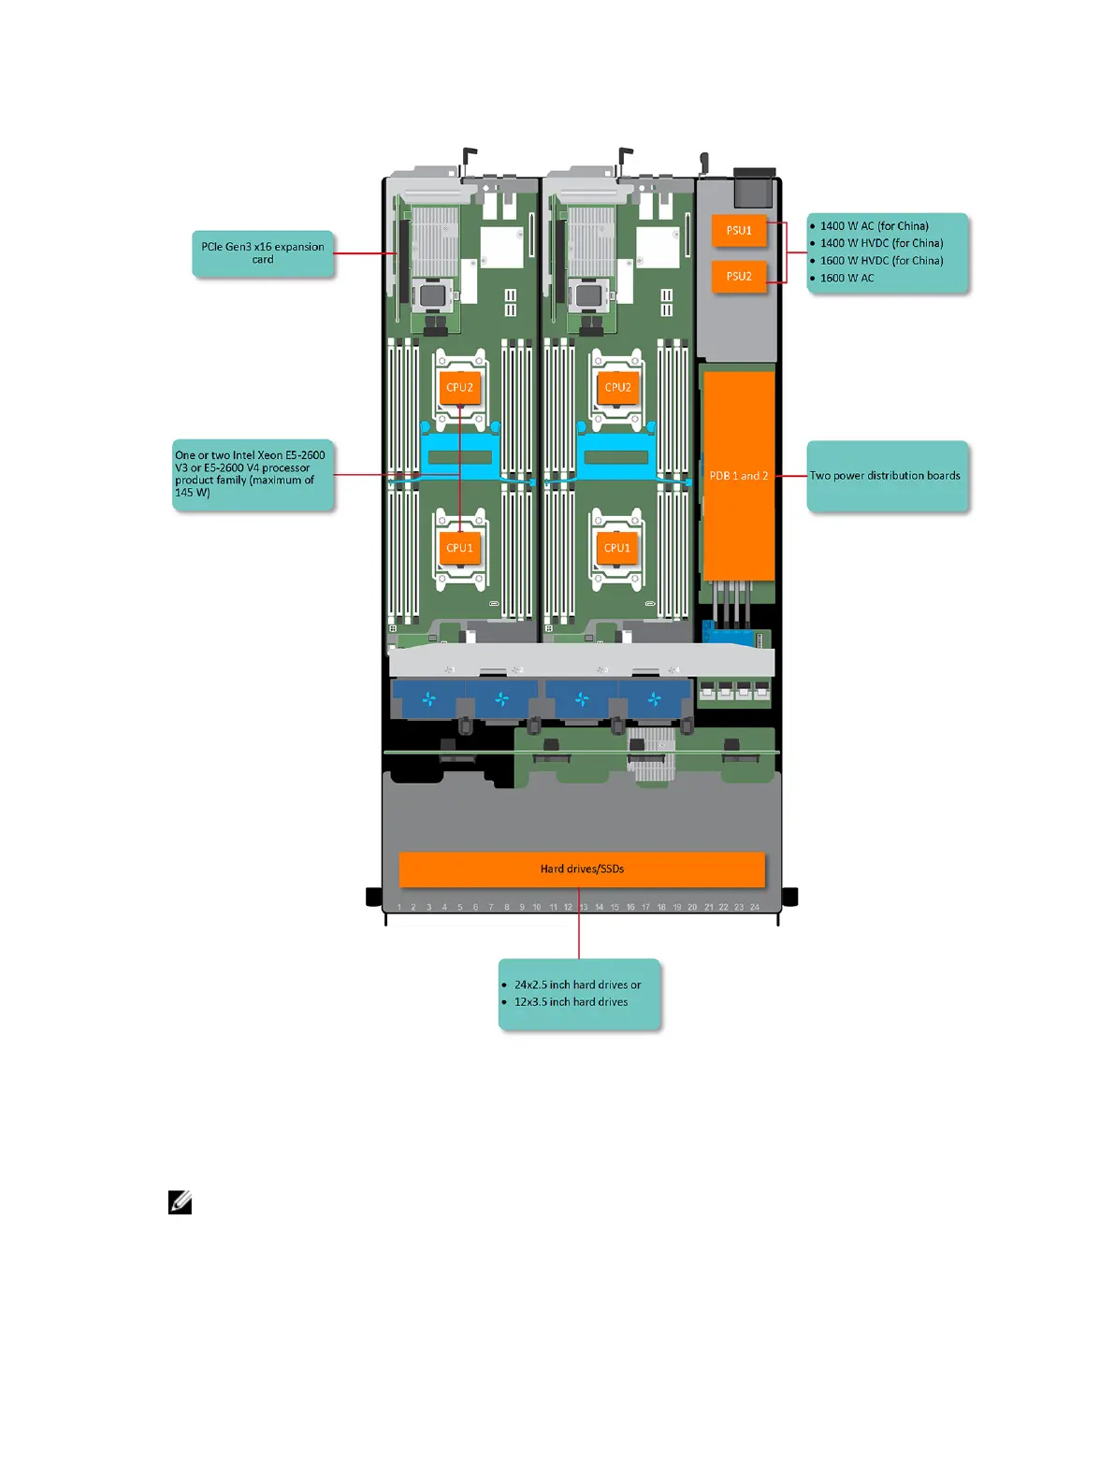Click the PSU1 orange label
coord(739,231)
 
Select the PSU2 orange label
coord(739,277)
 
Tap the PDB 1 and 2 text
coord(738,476)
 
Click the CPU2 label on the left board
coord(459,387)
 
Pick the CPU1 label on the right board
coord(616,548)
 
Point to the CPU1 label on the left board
coord(459,548)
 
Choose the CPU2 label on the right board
coord(617,387)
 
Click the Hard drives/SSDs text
coord(582,869)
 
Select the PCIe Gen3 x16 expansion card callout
coord(263,253)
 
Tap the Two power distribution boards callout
coord(886,476)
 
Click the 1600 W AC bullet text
coord(846,278)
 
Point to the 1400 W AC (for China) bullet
coord(874,226)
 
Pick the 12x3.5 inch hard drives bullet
coord(571,1002)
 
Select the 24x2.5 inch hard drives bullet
coord(577,984)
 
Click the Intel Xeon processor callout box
coord(252,474)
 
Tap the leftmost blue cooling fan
coord(428,698)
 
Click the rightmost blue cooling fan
coord(655,698)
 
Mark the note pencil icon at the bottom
coord(181,1203)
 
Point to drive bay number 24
coord(755,907)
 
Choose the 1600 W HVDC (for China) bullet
coord(881,261)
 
